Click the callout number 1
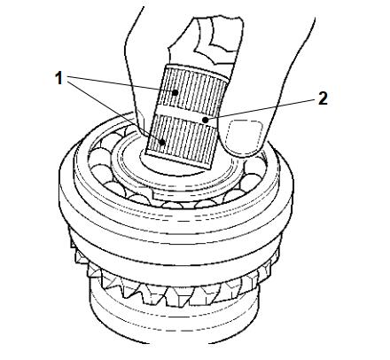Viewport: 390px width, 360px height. (59, 78)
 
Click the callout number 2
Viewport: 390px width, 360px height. (323, 98)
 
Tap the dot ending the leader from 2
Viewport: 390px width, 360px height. (205, 120)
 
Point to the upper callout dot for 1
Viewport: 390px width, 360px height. (175, 92)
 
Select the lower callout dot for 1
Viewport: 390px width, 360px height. (162, 142)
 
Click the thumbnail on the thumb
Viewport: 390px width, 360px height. (244, 137)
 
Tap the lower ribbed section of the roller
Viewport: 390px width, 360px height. (182, 141)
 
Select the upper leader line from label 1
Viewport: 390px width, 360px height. (121, 84)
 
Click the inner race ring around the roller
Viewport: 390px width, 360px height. (177, 175)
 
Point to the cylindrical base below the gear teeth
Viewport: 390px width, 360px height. (175, 319)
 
